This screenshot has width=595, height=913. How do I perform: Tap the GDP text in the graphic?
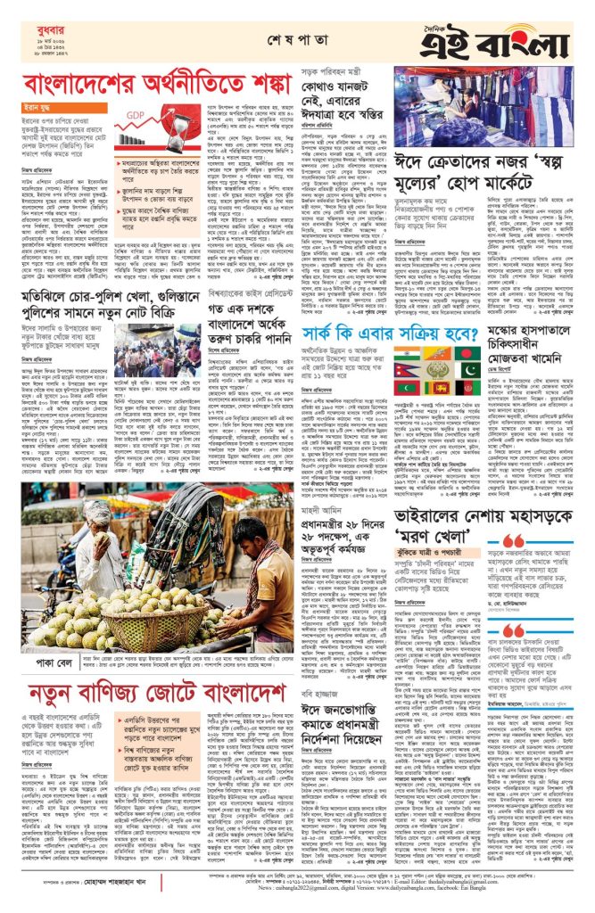click(x=136, y=116)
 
